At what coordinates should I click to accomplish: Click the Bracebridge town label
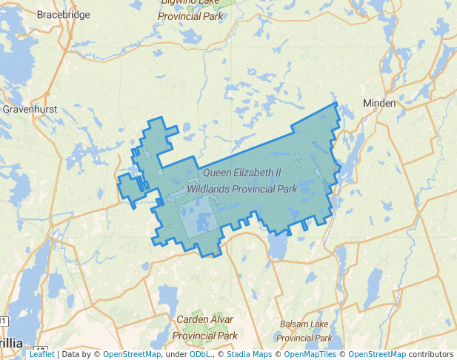tap(63, 14)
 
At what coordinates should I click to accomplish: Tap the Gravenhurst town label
tap(30, 109)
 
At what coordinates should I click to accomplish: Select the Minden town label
tap(379, 103)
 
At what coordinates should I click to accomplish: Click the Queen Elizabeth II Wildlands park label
tap(242, 180)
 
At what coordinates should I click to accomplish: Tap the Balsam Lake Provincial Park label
tap(307, 331)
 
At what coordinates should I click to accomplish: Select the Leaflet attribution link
tap(41, 354)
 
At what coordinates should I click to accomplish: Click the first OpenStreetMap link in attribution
tap(131, 354)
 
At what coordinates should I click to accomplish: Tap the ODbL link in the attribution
tap(201, 354)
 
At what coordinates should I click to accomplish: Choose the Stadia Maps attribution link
tap(247, 354)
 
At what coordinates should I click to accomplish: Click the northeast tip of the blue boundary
tap(336, 103)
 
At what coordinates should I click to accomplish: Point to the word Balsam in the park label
tap(295, 324)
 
